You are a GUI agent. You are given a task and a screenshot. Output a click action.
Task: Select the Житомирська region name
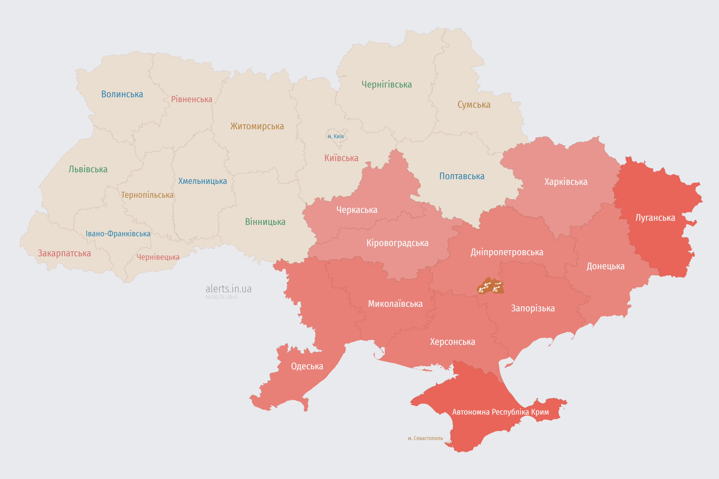257,126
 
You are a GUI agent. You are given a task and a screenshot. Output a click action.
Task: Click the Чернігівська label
386,84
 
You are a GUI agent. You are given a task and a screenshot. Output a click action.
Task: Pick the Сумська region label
474,105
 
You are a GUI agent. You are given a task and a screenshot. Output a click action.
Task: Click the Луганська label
655,218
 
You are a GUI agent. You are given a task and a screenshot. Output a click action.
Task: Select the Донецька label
605,266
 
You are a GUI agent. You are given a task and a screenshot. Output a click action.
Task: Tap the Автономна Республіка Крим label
500,412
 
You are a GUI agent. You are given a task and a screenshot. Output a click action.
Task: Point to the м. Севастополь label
425,438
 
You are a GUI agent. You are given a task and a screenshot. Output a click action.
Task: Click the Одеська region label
307,366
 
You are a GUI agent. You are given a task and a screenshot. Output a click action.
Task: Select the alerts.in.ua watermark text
228,289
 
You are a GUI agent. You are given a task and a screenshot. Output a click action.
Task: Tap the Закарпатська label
64,253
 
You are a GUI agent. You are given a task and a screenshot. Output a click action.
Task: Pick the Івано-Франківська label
118,234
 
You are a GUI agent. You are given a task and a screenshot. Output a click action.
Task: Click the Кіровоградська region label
397,243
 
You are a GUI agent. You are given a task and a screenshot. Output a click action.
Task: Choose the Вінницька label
265,222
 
